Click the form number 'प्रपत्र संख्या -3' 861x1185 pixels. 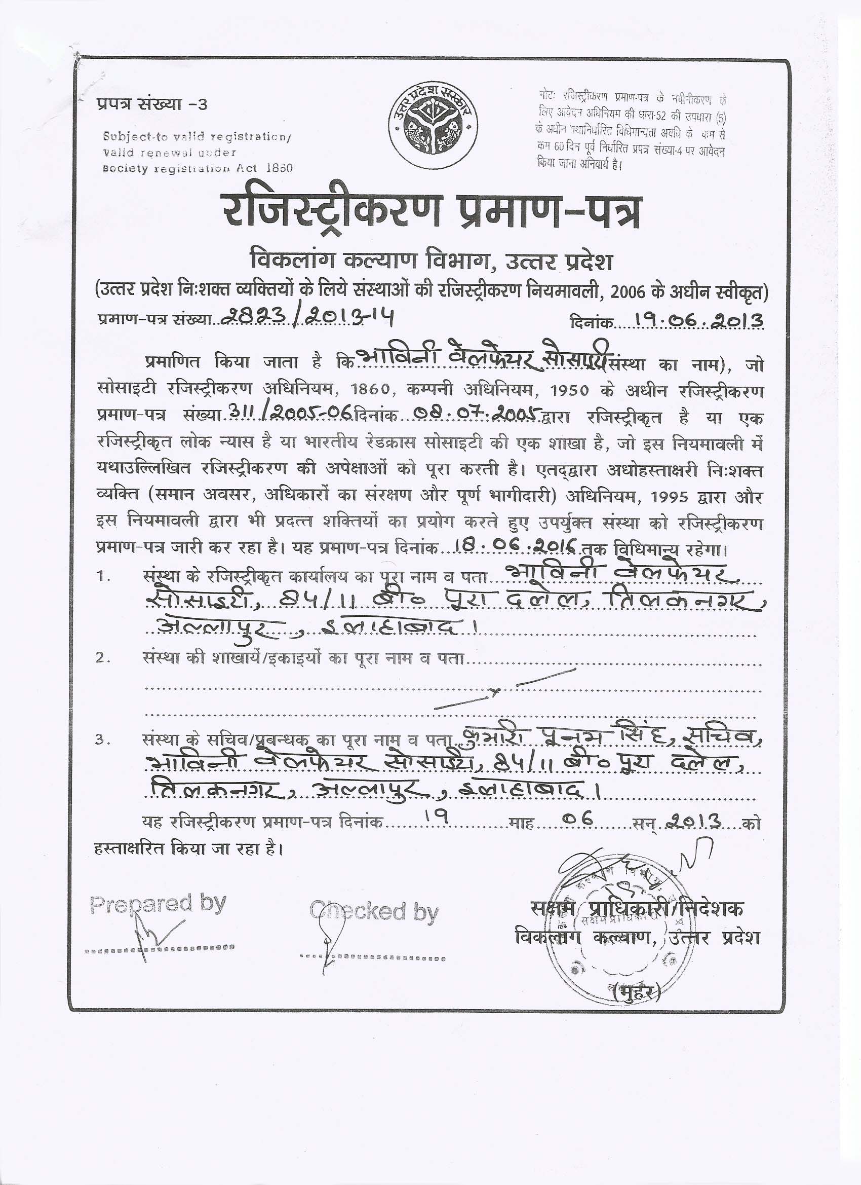[151, 104]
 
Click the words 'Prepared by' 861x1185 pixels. [158, 903]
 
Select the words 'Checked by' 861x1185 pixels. [374, 912]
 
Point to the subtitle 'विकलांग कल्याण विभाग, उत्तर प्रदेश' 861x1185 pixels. [432, 261]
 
